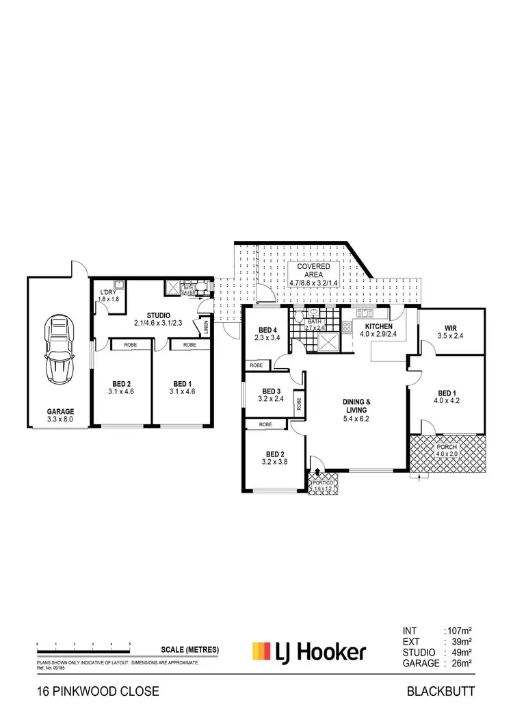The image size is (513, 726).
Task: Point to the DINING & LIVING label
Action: tap(356, 406)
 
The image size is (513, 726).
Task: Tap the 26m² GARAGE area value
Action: tap(460, 663)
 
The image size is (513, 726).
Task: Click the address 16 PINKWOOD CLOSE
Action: tap(98, 691)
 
